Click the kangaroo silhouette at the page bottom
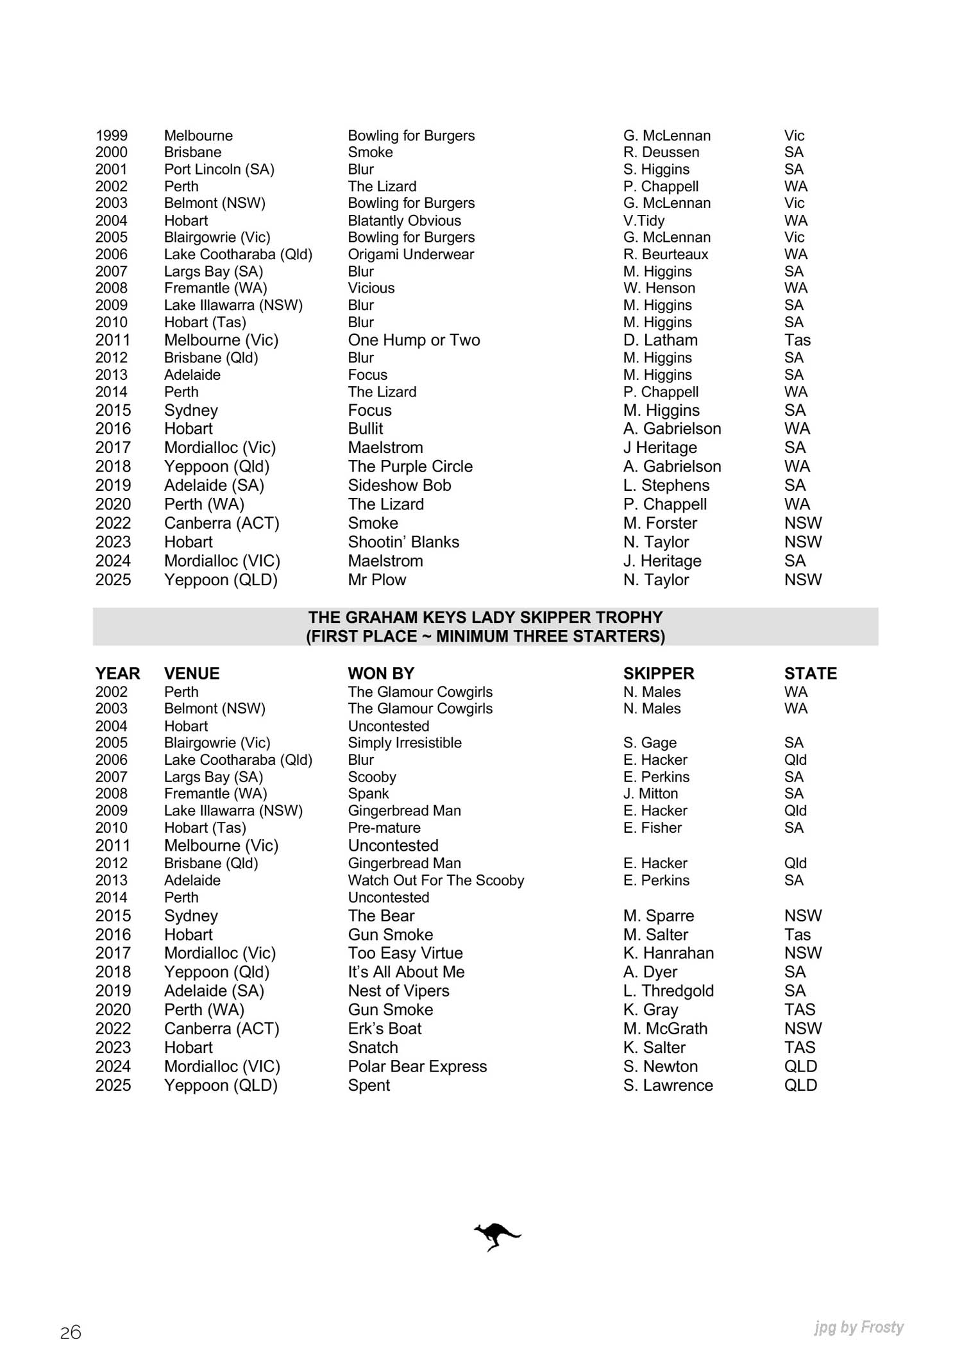click(497, 1236)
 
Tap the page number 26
click(71, 1333)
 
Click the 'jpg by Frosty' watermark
click(859, 1327)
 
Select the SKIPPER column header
click(659, 674)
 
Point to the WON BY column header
click(381, 674)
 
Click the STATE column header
click(810, 674)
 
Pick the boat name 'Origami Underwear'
click(410, 254)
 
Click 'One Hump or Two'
click(414, 340)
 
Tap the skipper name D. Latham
click(660, 340)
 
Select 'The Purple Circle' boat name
click(410, 466)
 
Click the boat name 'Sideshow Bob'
click(399, 486)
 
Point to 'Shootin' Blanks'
click(403, 542)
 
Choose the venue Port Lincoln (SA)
click(219, 169)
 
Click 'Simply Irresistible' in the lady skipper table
click(405, 743)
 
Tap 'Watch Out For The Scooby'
click(435, 880)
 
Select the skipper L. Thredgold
click(668, 991)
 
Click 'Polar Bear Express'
click(417, 1066)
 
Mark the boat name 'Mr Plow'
click(376, 580)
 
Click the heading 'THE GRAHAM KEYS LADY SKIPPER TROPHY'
click(485, 617)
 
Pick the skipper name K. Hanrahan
click(668, 953)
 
